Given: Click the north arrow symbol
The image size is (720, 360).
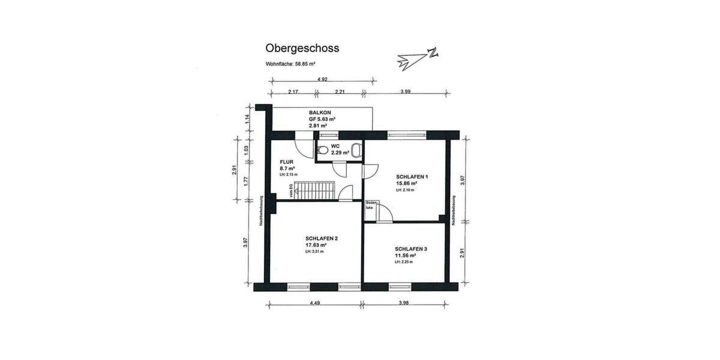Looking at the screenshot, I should [x=418, y=57].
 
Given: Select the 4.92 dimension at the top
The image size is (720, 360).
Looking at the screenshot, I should [x=322, y=79].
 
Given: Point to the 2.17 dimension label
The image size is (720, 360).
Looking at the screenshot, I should [x=293, y=92].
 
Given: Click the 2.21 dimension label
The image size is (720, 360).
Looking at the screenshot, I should [x=340, y=92].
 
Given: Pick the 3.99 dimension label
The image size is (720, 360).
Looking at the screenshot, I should [x=405, y=92].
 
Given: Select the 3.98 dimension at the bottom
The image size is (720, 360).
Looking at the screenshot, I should [x=403, y=303].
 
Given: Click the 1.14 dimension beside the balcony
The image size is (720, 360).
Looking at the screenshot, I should [x=246, y=119].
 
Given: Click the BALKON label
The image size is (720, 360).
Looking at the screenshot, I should [x=318, y=113].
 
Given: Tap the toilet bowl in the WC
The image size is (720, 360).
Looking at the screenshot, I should [x=323, y=151].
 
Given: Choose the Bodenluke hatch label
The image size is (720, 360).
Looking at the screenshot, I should [x=370, y=207].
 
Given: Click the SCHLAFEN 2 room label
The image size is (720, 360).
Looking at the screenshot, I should [x=321, y=238].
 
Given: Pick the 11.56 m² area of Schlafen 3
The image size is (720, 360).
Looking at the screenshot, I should [x=406, y=255].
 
